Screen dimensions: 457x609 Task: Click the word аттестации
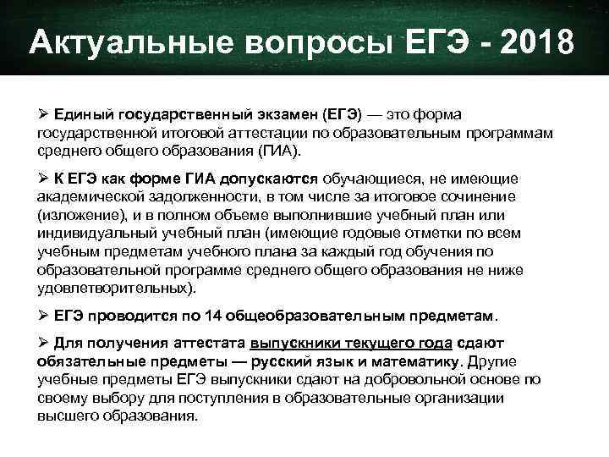click(277, 132)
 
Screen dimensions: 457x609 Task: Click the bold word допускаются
click(268, 179)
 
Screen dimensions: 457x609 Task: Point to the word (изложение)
click(77, 215)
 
